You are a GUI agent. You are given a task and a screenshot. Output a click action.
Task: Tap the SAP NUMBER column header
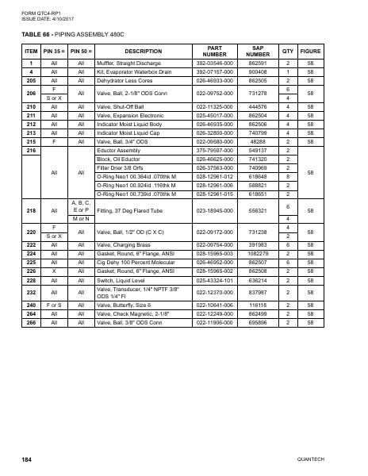click(257, 51)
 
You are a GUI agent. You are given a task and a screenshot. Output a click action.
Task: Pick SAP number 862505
click(257, 80)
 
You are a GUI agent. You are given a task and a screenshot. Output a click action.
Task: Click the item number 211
click(33, 115)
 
